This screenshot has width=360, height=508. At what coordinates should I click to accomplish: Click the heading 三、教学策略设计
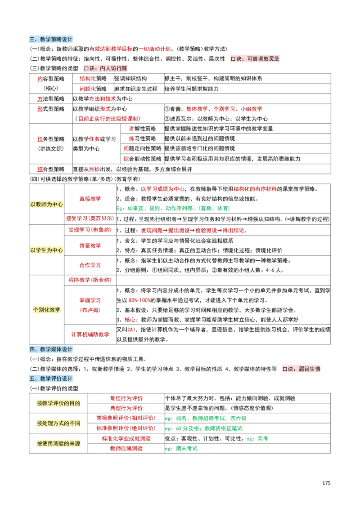pyautogui.click(x=51, y=39)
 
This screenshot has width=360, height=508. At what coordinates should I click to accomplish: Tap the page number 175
pyautogui.click(x=326, y=483)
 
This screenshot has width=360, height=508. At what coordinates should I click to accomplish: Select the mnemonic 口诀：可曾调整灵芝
pyautogui.click(x=255, y=58)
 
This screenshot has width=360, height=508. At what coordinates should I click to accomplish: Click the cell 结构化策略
pyautogui.click(x=93, y=78)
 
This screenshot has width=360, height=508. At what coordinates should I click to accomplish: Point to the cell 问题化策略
pyautogui.click(x=93, y=89)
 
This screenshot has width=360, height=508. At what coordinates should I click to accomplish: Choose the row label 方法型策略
pyautogui.click(x=51, y=99)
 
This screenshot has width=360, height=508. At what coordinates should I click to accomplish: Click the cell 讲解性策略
pyautogui.click(x=142, y=129)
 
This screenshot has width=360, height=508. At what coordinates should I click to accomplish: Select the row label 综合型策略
pyautogui.click(x=51, y=169)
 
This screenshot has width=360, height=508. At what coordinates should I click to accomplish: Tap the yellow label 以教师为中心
pyautogui.click(x=47, y=205)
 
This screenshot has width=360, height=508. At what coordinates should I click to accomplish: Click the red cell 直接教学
pyautogui.click(x=90, y=199)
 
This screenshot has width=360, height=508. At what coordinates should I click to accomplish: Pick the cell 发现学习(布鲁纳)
pyautogui.click(x=90, y=230)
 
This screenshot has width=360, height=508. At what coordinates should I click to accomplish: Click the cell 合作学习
pyautogui.click(x=90, y=265)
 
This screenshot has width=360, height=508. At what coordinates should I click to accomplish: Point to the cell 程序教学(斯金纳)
pyautogui.click(x=90, y=280)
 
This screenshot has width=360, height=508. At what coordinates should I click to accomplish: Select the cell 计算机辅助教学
pyautogui.click(x=90, y=334)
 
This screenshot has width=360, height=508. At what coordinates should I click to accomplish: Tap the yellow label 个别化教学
pyautogui.click(x=47, y=310)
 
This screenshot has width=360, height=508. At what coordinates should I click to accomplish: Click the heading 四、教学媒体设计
pyautogui.click(x=51, y=349)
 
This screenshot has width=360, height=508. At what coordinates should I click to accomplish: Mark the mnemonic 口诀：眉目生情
pyautogui.click(x=301, y=369)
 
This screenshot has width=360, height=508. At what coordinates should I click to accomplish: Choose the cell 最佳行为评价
pyautogui.click(x=126, y=398)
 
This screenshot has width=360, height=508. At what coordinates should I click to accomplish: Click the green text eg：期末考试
pyautogui.click(x=181, y=448)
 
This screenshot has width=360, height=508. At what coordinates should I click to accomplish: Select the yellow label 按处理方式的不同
pyautogui.click(x=58, y=423)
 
